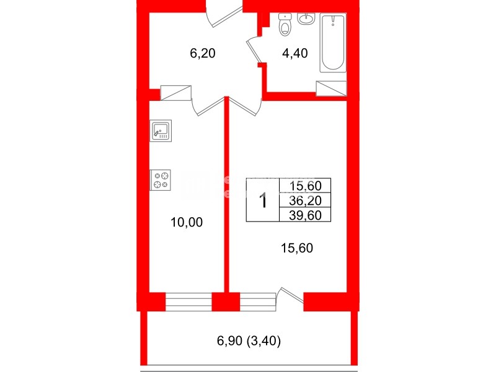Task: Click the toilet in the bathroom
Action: (285, 25)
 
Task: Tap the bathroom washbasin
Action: (306, 20)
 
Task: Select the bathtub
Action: (334, 44)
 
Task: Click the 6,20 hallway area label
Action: (202, 54)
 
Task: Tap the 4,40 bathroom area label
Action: (294, 54)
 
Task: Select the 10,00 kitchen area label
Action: (187, 222)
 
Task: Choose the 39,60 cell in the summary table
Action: (305, 214)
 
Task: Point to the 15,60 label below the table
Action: (297, 248)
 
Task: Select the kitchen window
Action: (188, 301)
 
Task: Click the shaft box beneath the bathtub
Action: (331, 89)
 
